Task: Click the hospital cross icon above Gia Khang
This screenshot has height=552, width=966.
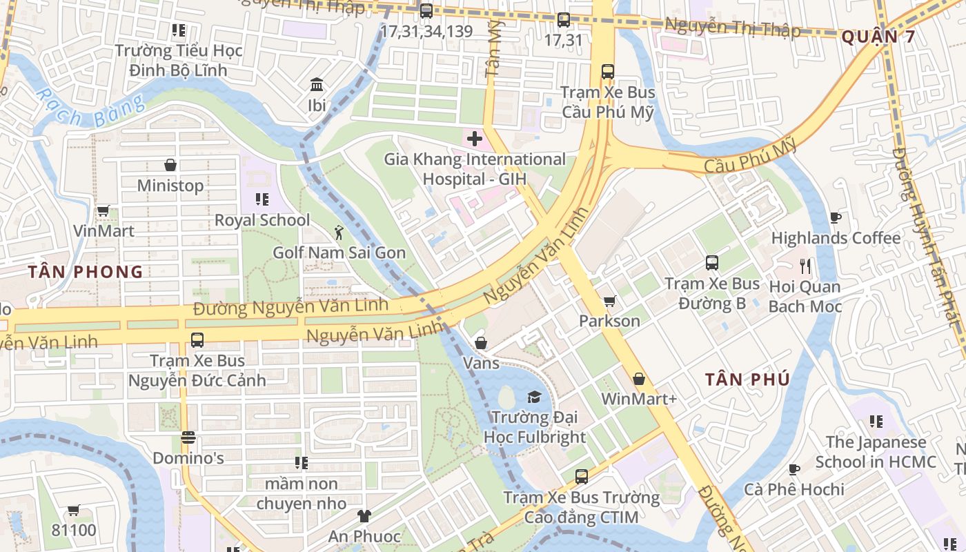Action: click(474, 139)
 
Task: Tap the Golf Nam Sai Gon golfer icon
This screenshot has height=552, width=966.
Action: click(338, 232)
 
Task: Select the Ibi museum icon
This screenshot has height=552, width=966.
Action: click(317, 85)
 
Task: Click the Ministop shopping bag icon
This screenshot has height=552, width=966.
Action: click(170, 165)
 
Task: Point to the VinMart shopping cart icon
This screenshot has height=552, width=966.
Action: click(103, 210)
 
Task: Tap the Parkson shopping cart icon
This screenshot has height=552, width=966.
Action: click(609, 301)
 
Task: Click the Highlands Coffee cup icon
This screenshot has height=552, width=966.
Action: click(836, 218)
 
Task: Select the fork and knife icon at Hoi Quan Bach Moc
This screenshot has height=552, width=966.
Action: click(805, 266)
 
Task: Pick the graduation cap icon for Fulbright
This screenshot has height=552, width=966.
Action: click(534, 397)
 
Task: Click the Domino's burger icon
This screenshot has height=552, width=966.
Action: click(188, 437)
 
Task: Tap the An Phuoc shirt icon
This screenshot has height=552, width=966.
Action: click(364, 515)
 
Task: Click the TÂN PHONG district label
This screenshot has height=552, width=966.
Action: click(86, 272)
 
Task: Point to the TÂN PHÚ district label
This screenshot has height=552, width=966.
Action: click(747, 379)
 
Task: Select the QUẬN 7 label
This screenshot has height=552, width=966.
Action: click(878, 37)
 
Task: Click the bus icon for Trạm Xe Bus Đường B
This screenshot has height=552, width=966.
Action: click(711, 263)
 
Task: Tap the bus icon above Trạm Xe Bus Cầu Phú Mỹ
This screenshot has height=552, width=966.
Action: click(607, 72)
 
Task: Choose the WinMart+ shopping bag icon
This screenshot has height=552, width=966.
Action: click(639, 379)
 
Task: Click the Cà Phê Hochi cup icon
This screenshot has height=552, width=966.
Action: click(794, 469)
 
